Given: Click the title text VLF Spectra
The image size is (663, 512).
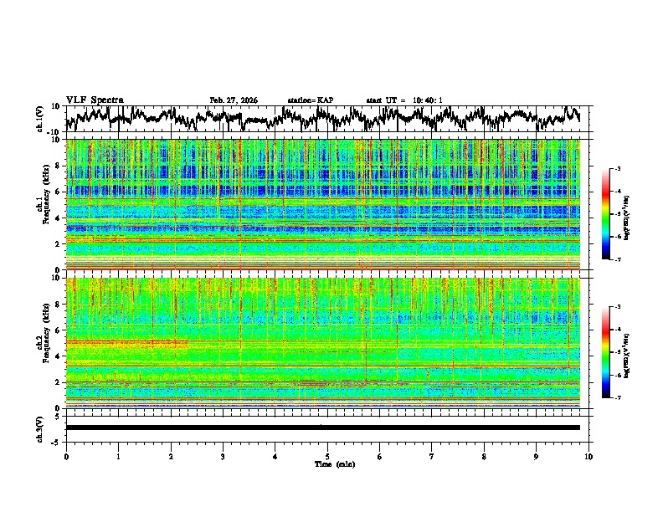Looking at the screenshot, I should [x=95, y=100].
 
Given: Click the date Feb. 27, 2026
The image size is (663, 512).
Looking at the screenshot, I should [x=234, y=100].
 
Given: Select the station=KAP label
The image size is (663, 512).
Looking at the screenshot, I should [x=310, y=100].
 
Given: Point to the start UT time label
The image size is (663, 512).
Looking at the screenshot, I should [x=404, y=100].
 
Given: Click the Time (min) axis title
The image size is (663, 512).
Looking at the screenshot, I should [x=328, y=463].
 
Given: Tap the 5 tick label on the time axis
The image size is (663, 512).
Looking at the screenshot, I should [x=327, y=456].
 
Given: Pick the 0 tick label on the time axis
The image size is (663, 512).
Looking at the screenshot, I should [x=66, y=456].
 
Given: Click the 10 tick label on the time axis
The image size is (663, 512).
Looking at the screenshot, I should [x=588, y=456].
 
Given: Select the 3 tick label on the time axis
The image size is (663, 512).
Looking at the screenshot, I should [x=223, y=456].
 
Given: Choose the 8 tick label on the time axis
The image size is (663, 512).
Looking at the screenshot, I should [x=484, y=456].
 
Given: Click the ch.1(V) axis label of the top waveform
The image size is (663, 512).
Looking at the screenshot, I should [x=40, y=119].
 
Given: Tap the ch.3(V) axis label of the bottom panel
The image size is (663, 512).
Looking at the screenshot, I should [x=40, y=428].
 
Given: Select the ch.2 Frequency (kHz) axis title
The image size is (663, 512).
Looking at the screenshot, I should [x=44, y=341].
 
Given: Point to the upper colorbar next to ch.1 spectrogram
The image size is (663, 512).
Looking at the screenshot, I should [x=605, y=214].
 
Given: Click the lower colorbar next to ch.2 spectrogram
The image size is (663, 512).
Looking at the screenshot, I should [x=605, y=352].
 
